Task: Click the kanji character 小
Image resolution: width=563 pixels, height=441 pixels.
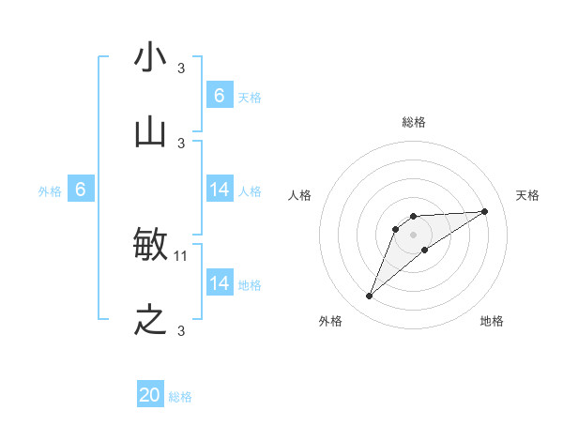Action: (151, 58)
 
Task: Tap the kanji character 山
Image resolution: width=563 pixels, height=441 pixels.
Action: (151, 134)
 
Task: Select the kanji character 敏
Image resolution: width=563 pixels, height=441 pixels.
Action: (151, 246)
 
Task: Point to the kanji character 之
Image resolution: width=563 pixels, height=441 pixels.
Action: (151, 321)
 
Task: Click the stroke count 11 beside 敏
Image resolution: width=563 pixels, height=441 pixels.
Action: (181, 255)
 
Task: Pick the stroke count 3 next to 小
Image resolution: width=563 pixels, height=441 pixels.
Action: (181, 68)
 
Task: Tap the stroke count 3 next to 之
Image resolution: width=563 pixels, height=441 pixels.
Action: (181, 330)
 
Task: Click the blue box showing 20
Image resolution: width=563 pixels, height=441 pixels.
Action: (150, 395)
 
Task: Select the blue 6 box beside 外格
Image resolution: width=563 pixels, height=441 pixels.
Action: (81, 190)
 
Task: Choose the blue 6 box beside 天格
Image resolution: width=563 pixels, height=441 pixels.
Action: (220, 96)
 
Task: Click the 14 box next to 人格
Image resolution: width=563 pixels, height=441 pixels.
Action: (220, 190)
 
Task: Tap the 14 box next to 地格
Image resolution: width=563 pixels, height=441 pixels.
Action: (220, 283)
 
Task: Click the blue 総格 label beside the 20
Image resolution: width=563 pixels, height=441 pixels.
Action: (180, 397)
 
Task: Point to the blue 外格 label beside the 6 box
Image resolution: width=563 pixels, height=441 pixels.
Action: (50, 191)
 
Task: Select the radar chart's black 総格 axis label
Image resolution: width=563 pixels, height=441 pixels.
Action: (414, 123)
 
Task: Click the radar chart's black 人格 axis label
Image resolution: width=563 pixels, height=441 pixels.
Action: (299, 195)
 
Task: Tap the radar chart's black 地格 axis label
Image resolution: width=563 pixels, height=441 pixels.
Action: (492, 322)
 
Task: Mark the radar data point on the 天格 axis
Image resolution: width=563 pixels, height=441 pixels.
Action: (485, 211)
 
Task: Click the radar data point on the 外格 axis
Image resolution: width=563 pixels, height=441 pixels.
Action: (369, 297)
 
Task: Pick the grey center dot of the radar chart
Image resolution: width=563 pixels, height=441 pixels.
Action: (413, 234)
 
